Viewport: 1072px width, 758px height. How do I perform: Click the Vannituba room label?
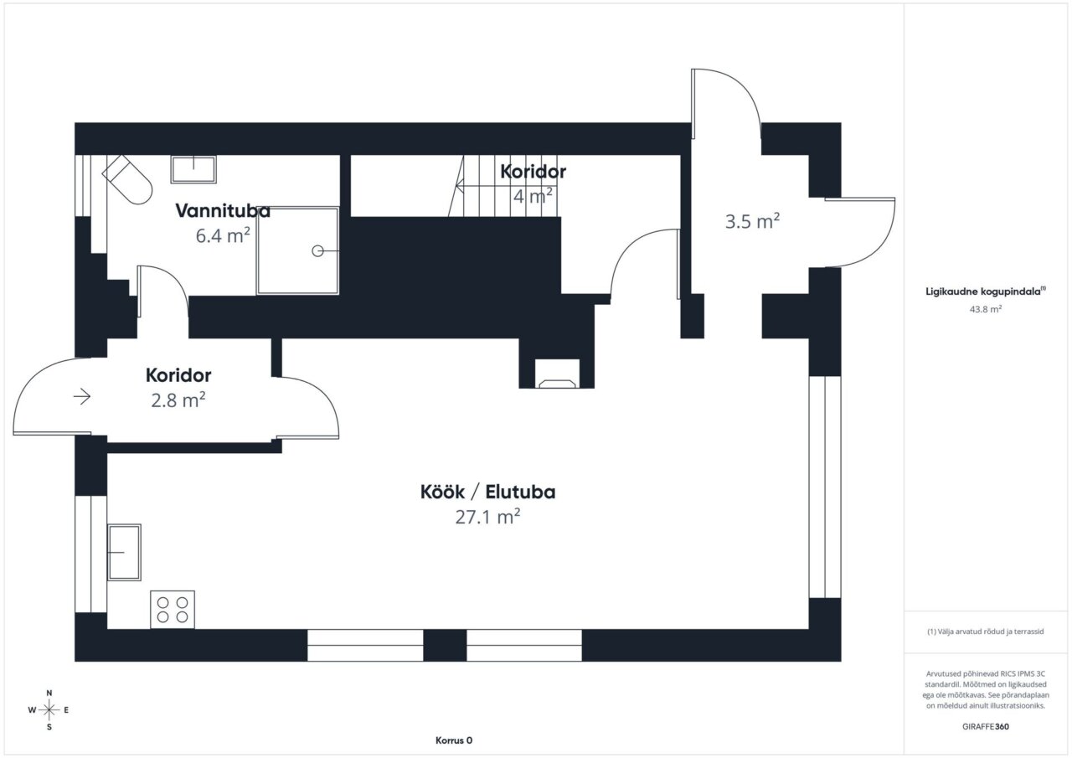tap(223, 211)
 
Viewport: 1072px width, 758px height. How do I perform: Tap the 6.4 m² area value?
tap(223, 235)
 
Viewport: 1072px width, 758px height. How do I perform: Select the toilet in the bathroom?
tap(127, 179)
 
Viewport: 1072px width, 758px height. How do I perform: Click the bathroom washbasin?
tap(193, 169)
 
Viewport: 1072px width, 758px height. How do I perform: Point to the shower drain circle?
tap(317, 250)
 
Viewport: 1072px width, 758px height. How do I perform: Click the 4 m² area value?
tap(533, 196)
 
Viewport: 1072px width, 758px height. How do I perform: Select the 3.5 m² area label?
tap(752, 221)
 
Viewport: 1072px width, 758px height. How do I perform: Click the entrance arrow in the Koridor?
tap(82, 396)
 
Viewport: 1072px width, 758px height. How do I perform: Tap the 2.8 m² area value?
tap(178, 400)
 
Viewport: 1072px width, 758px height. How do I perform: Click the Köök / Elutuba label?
tap(487, 492)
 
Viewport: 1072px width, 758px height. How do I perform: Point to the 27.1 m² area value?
tap(487, 517)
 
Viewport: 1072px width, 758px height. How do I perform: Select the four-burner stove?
tap(173, 609)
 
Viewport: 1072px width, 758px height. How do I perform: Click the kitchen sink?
tap(124, 552)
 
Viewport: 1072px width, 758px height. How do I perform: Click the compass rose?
tap(49, 710)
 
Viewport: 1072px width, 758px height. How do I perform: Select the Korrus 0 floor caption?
tap(454, 740)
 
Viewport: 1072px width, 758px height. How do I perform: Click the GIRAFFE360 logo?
tap(986, 726)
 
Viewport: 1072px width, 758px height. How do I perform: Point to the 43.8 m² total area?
tap(986, 309)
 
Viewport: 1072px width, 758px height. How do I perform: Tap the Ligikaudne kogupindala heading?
tap(986, 291)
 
